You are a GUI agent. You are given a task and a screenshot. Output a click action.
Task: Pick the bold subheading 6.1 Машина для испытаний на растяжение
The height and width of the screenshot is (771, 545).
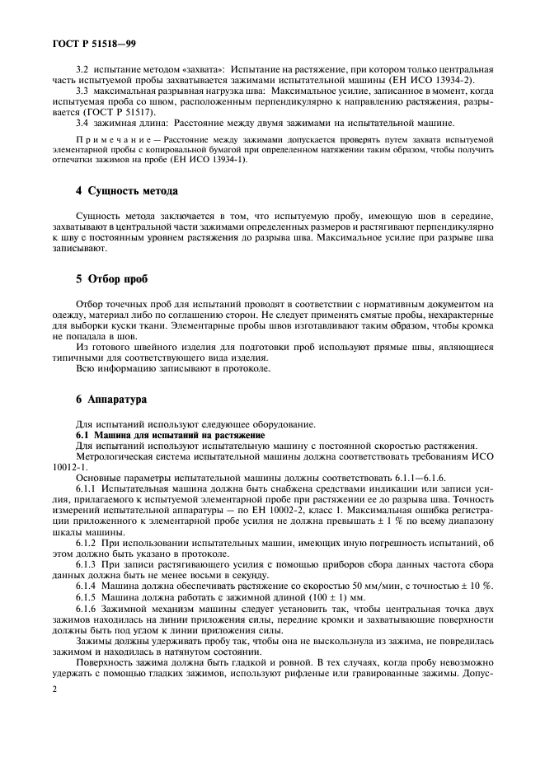(x=170, y=434)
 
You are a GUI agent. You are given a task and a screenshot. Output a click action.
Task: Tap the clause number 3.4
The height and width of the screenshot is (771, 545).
(x=82, y=122)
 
